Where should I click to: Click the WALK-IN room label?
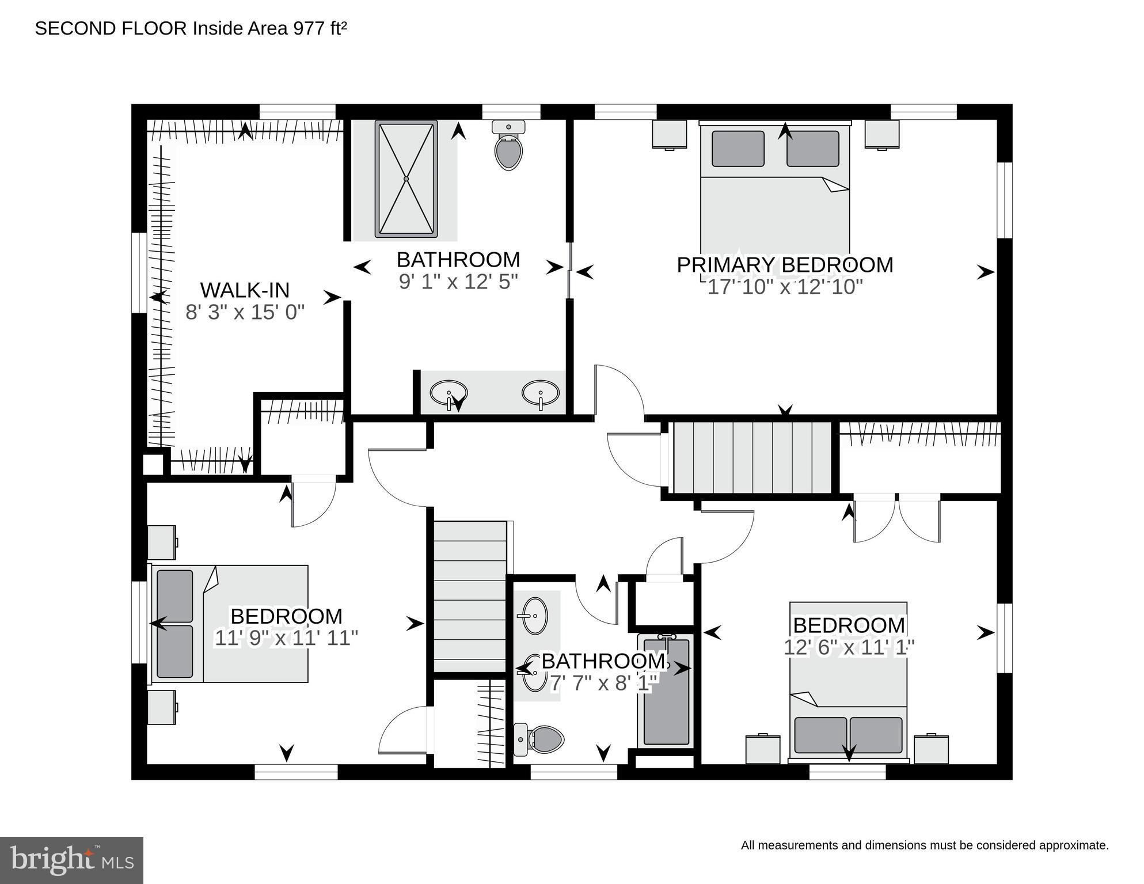(245, 290)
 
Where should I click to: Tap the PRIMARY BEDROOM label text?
(785, 265)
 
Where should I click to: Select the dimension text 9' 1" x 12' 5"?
(458, 282)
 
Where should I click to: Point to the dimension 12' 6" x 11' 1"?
(849, 647)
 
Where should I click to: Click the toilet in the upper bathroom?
(508, 146)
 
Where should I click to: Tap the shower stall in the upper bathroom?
(406, 179)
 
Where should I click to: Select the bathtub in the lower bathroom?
(666, 690)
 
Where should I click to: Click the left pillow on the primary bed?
(738, 149)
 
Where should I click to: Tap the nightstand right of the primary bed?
(881, 134)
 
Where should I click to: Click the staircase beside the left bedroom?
(469, 596)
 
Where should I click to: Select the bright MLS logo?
(71, 860)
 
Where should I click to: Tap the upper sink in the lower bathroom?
(535, 615)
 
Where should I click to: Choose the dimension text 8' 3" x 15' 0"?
(245, 312)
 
